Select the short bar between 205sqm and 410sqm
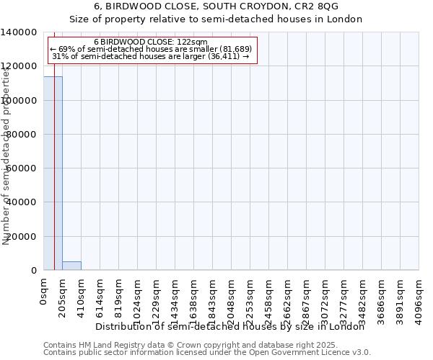pyautogui.click(x=71, y=266)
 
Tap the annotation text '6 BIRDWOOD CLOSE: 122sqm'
pyautogui.click(x=151, y=42)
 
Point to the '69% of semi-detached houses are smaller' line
pyautogui.click(x=151, y=49)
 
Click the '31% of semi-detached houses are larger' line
pyautogui.click(x=151, y=56)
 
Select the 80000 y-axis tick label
pyautogui.click(x=22, y=135)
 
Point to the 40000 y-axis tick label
pyautogui.click(x=22, y=202)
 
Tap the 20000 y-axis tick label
pyautogui.click(x=22, y=236)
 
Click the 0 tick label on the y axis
pyautogui.click(x=33, y=271)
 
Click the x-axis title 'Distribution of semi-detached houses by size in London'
pyautogui.click(x=230, y=327)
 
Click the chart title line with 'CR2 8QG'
pyautogui.click(x=216, y=6)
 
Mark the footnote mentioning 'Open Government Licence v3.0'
pyautogui.click(x=207, y=353)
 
